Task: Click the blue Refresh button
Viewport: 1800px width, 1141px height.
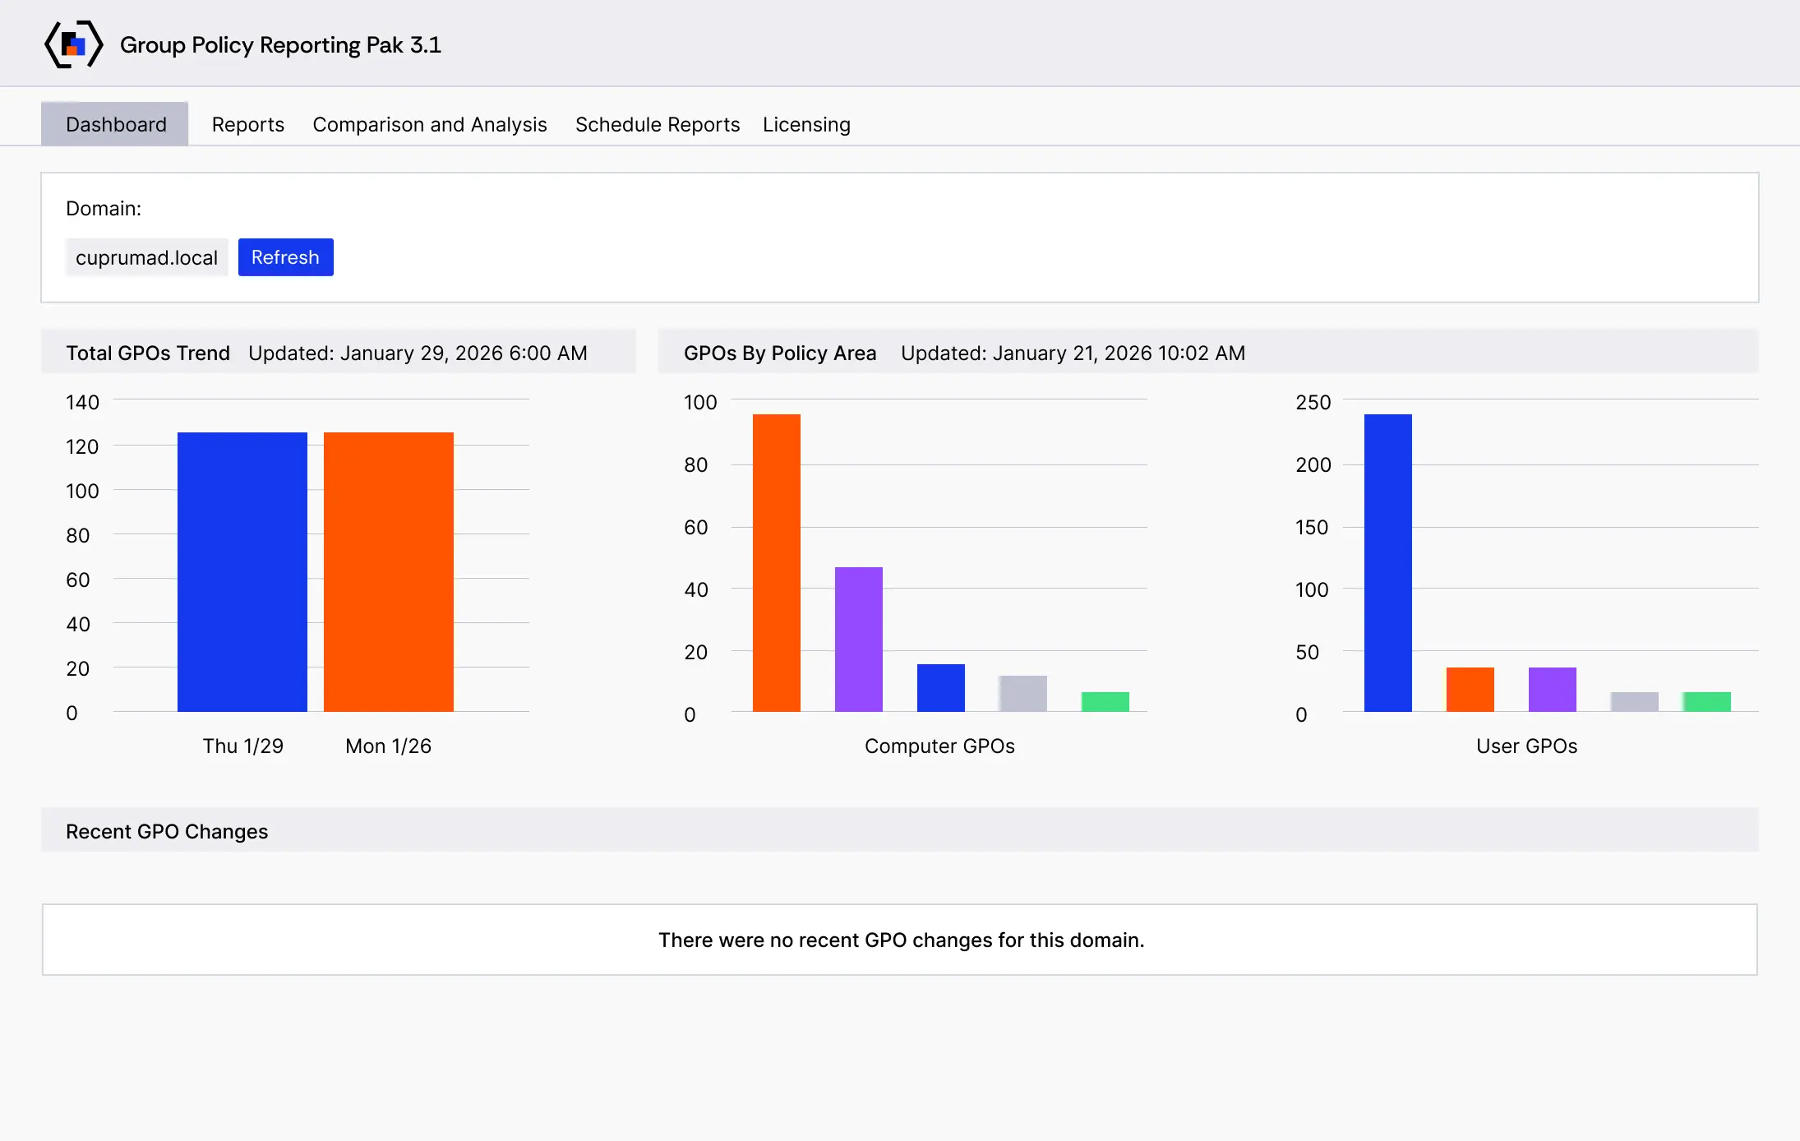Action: click(285, 257)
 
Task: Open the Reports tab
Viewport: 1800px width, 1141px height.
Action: click(248, 124)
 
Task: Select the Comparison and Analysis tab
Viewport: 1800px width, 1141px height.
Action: click(430, 124)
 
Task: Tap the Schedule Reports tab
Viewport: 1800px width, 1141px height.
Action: click(658, 124)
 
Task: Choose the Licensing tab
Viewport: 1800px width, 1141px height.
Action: click(806, 124)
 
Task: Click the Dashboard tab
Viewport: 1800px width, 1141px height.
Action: click(115, 124)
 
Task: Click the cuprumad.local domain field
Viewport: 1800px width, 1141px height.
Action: click(146, 257)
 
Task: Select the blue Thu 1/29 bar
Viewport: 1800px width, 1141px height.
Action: click(242, 572)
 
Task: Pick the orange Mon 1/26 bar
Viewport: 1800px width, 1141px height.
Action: click(389, 572)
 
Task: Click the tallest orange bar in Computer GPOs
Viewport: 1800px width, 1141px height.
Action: click(777, 563)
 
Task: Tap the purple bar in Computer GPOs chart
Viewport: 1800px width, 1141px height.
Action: click(859, 640)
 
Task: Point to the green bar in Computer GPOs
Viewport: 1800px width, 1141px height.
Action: click(1105, 702)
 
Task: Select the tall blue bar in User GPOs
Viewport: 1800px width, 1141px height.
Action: click(1388, 563)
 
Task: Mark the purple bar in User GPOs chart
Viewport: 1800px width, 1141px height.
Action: click(1553, 690)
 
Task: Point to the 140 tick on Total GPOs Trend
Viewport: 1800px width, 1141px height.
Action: click(82, 402)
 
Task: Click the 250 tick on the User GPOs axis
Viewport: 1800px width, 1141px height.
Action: click(1313, 402)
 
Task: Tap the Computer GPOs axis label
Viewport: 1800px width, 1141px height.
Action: click(939, 746)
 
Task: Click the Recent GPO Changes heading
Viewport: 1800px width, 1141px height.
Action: click(167, 831)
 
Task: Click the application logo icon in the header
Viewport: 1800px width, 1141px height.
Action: click(73, 44)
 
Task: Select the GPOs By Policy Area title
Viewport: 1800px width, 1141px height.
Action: click(780, 353)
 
